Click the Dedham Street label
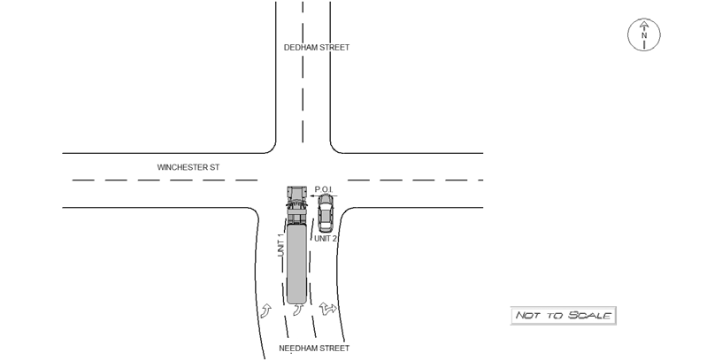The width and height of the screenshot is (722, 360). coord(317,48)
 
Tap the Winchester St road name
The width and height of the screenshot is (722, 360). coord(188,167)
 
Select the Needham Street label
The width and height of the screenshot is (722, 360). coord(314,349)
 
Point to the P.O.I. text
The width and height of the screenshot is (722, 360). coord(324,189)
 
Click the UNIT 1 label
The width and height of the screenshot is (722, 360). coord(280,245)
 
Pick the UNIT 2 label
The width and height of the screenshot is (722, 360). coord(326,239)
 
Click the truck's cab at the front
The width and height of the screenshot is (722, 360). coord(297,203)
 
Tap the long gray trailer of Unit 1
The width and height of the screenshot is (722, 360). coord(296,263)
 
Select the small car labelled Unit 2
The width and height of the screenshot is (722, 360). coord(326,212)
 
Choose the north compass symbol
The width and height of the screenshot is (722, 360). coord(644,34)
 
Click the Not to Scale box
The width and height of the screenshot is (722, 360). coord(563,316)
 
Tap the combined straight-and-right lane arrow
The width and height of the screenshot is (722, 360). coord(328,308)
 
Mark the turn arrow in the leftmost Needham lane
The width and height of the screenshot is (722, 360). coord(265,310)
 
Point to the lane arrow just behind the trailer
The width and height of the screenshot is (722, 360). coord(299,310)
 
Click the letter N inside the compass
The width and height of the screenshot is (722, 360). coord(644,35)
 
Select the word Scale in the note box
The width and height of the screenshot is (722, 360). coord(589,316)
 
